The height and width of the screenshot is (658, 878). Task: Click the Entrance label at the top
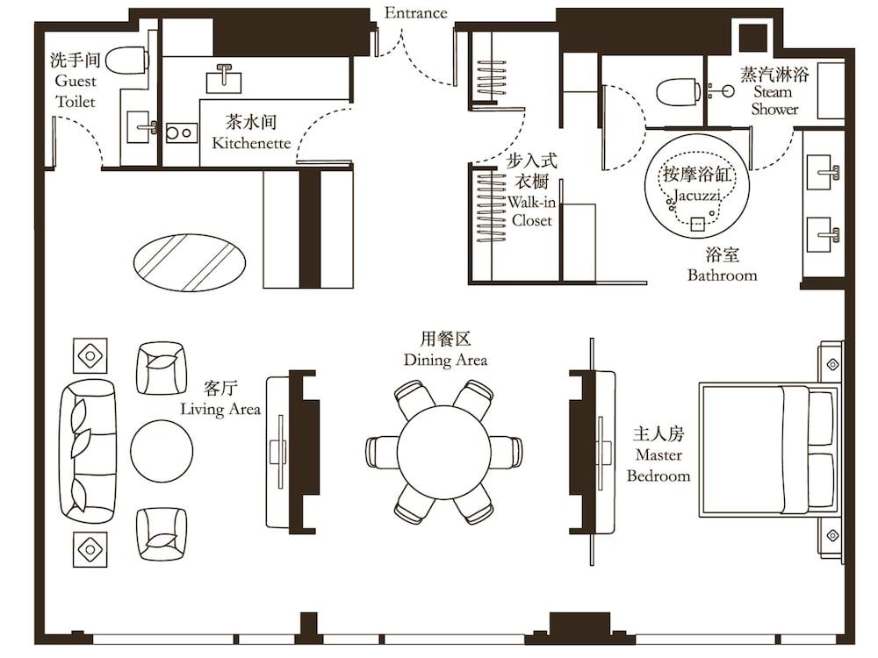[415, 13]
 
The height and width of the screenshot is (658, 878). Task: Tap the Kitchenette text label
[251, 143]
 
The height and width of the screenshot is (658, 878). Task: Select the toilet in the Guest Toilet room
[127, 61]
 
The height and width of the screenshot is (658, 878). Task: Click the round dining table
[444, 453]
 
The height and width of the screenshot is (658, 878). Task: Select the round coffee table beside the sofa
[162, 451]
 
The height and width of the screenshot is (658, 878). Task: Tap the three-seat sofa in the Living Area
[88, 452]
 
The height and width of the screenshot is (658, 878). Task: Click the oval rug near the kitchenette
[190, 262]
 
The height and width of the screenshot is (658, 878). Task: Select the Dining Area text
[446, 360]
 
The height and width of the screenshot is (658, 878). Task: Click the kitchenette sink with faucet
[224, 79]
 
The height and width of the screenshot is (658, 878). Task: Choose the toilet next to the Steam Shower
[679, 92]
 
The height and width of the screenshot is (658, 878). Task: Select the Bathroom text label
[723, 275]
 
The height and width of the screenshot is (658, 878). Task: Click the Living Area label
[220, 409]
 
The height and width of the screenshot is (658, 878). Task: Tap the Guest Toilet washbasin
[141, 127]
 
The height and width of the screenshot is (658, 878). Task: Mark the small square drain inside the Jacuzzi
[697, 224]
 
